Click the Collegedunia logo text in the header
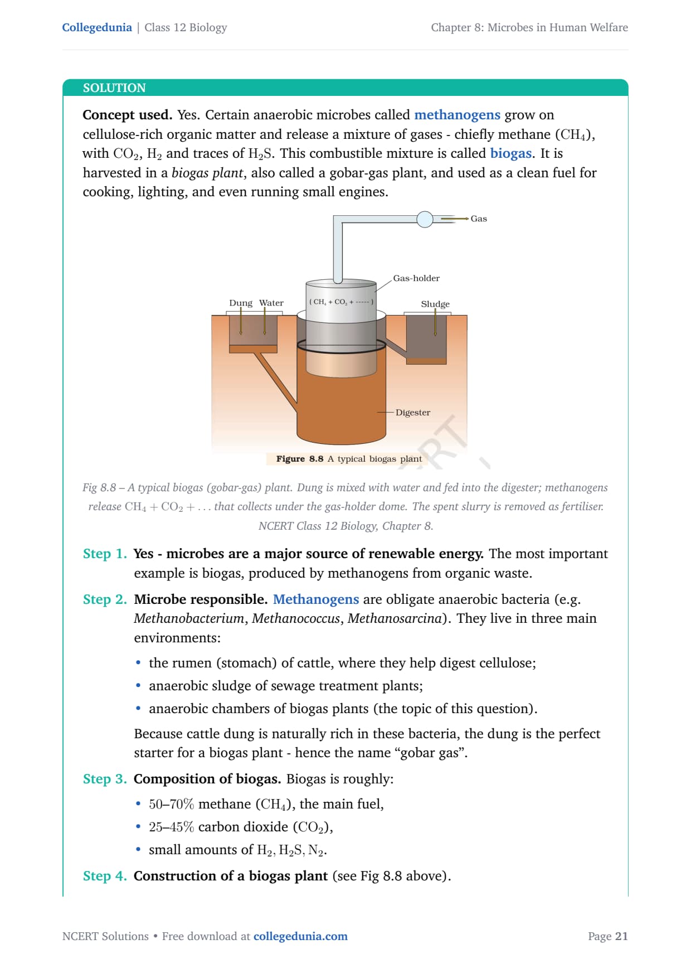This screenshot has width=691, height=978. point(97,27)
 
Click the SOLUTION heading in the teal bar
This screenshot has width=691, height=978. point(114,88)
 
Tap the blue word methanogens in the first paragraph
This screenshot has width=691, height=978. point(457,115)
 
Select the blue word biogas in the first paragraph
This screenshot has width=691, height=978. point(510,153)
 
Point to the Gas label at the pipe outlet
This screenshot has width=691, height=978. point(479,219)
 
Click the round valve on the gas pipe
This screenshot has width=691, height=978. point(425,220)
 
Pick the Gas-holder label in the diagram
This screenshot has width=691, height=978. point(416,278)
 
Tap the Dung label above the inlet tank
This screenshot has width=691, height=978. point(241,303)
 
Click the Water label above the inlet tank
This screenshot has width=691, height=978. point(271,303)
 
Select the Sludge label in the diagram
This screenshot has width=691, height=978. point(435,304)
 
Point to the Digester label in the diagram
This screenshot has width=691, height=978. point(413,413)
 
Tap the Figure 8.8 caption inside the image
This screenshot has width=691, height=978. point(349,459)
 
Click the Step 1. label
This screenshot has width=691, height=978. point(105,554)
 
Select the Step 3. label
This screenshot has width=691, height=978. point(105,779)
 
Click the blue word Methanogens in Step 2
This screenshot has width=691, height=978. point(316,599)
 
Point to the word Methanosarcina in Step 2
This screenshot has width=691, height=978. point(395,618)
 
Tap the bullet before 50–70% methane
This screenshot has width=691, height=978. point(138,804)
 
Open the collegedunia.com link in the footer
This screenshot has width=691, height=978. point(300,936)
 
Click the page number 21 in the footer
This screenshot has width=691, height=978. point(621,936)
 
